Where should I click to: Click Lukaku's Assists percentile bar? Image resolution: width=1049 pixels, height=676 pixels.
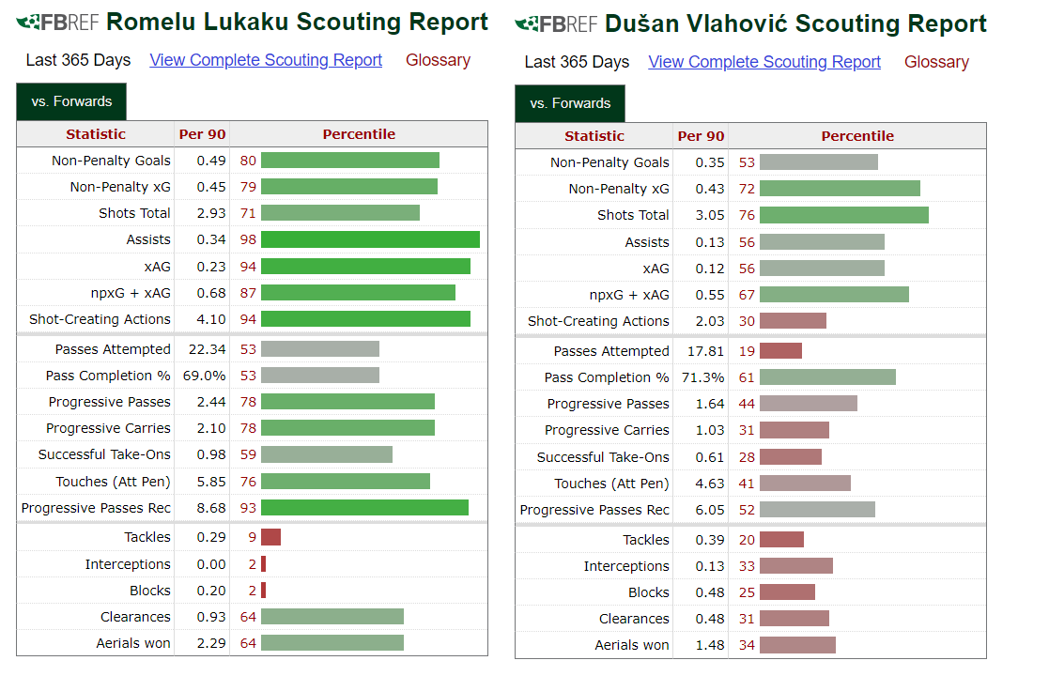[x=370, y=239]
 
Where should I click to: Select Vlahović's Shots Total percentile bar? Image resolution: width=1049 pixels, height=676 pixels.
[x=843, y=215]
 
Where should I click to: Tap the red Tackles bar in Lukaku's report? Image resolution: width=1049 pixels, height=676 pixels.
[x=271, y=537]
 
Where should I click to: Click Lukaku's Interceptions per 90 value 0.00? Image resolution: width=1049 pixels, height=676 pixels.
[x=210, y=564]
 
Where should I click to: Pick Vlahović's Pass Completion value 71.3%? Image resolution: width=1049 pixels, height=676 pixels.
[x=702, y=377]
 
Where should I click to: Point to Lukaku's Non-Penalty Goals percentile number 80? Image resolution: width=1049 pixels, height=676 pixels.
[x=248, y=161]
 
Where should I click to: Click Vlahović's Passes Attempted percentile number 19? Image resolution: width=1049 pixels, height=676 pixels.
[x=747, y=351]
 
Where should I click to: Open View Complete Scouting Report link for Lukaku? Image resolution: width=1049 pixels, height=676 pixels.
[x=266, y=60]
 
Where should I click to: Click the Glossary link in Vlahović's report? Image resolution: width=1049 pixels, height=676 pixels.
[x=936, y=62]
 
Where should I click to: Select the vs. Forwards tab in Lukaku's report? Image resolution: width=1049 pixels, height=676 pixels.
[x=71, y=101]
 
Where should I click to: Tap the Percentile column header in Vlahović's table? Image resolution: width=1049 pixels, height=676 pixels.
[x=857, y=136]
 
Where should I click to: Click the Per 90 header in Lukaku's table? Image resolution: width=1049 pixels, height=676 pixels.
[x=202, y=133]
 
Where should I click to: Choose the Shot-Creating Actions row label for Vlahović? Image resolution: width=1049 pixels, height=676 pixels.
[x=598, y=321]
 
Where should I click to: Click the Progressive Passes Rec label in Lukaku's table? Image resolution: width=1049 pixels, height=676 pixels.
[x=96, y=508]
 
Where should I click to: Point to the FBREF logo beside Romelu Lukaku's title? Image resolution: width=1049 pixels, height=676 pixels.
[x=57, y=23]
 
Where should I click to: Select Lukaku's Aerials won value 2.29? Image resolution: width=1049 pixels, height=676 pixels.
[x=210, y=643]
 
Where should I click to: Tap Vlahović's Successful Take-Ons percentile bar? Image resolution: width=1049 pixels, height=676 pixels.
[x=791, y=456]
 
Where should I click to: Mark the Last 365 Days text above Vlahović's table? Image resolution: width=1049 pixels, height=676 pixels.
[x=577, y=62]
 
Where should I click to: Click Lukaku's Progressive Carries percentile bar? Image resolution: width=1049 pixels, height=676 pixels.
[x=347, y=428]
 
